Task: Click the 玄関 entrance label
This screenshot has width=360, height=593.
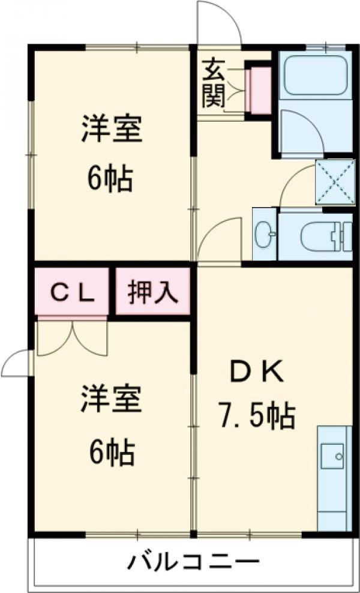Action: point(213,82)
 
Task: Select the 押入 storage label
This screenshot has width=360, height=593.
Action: point(152,292)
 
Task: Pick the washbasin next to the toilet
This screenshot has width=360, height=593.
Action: point(265,235)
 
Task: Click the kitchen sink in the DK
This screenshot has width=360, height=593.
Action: point(332,457)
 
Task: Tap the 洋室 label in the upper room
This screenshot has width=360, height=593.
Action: point(112,130)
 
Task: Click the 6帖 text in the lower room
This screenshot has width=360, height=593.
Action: point(112,454)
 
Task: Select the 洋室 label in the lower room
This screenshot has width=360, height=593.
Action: point(112,400)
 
